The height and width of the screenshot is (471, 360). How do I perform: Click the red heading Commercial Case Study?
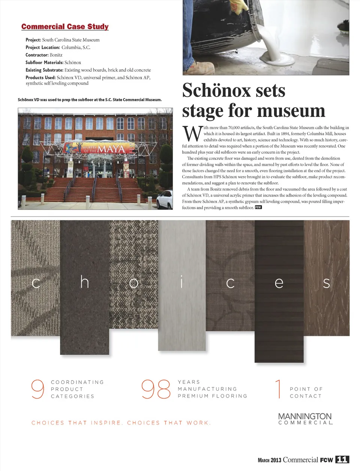(65, 27)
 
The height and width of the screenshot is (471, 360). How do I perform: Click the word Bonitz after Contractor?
(56, 55)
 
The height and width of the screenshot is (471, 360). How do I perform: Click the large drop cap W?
(192, 134)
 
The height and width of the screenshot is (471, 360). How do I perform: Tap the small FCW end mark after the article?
(258, 207)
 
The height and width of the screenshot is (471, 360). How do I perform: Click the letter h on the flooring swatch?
(84, 282)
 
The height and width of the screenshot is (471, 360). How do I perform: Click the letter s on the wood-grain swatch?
(326, 283)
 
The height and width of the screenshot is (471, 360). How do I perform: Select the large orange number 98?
(156, 389)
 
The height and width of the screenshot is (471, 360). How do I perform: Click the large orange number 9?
(37, 389)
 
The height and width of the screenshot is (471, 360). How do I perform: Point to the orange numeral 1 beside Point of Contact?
(278, 389)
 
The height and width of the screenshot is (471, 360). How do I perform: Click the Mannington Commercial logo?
(305, 418)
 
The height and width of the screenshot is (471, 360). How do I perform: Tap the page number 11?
(342, 460)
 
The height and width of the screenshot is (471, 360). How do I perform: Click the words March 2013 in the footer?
(269, 460)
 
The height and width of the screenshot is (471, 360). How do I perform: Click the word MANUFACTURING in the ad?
(207, 389)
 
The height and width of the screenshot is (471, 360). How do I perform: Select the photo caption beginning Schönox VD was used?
(90, 100)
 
